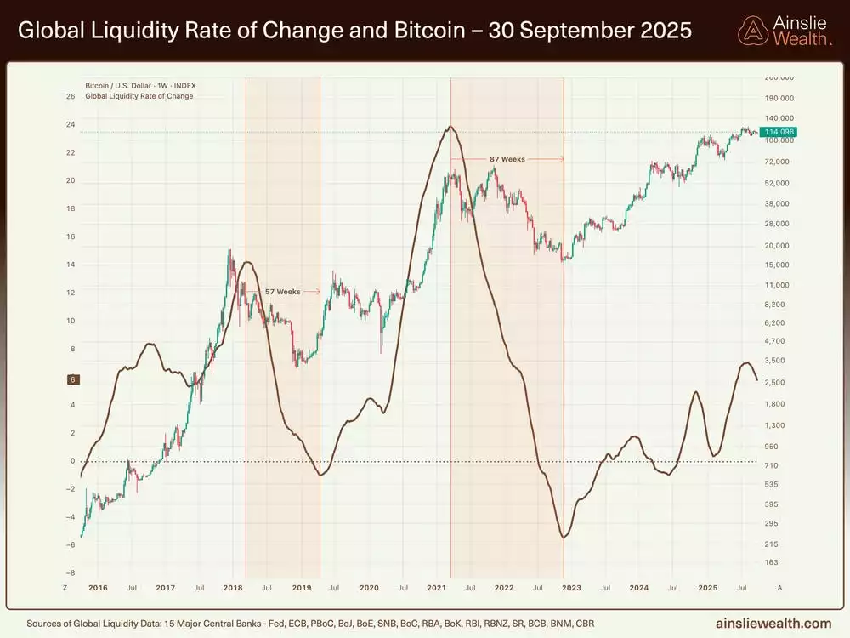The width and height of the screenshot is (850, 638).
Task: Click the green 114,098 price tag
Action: [x=779, y=132]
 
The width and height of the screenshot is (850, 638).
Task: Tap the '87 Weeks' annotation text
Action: [x=507, y=159]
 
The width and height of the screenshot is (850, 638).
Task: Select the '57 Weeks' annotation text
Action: [x=283, y=292]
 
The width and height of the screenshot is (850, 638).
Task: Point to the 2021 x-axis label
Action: [x=436, y=588]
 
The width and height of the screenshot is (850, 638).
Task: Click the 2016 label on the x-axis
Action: [x=98, y=588]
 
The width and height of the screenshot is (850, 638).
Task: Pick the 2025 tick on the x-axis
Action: [x=707, y=588]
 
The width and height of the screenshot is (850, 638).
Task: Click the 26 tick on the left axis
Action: [x=71, y=96]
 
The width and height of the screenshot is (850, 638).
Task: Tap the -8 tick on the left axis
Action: [x=71, y=572]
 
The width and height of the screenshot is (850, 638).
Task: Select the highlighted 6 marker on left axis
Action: [x=73, y=379]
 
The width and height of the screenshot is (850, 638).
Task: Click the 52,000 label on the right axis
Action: [x=777, y=183]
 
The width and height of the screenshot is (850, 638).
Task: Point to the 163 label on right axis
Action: [x=771, y=562]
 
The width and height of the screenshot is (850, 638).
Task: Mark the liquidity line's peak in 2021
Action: [x=450, y=127]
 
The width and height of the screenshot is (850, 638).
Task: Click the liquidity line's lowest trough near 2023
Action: [x=564, y=538]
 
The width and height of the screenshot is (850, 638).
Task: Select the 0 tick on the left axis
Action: [x=72, y=461]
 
